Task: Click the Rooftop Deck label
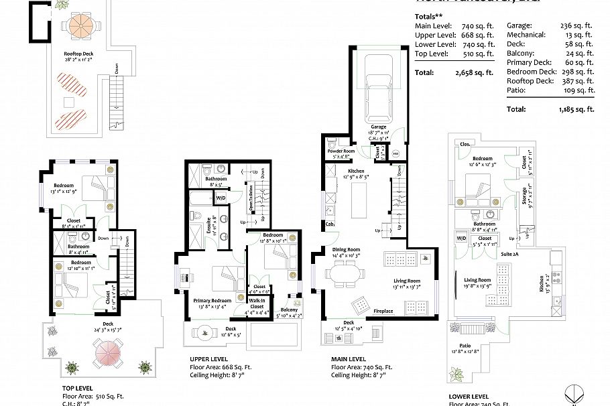[x=78, y=53]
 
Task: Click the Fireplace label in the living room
[x=383, y=311]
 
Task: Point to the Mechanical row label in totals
[x=526, y=33]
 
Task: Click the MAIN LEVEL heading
[x=348, y=359]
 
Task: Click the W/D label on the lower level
[x=461, y=238]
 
